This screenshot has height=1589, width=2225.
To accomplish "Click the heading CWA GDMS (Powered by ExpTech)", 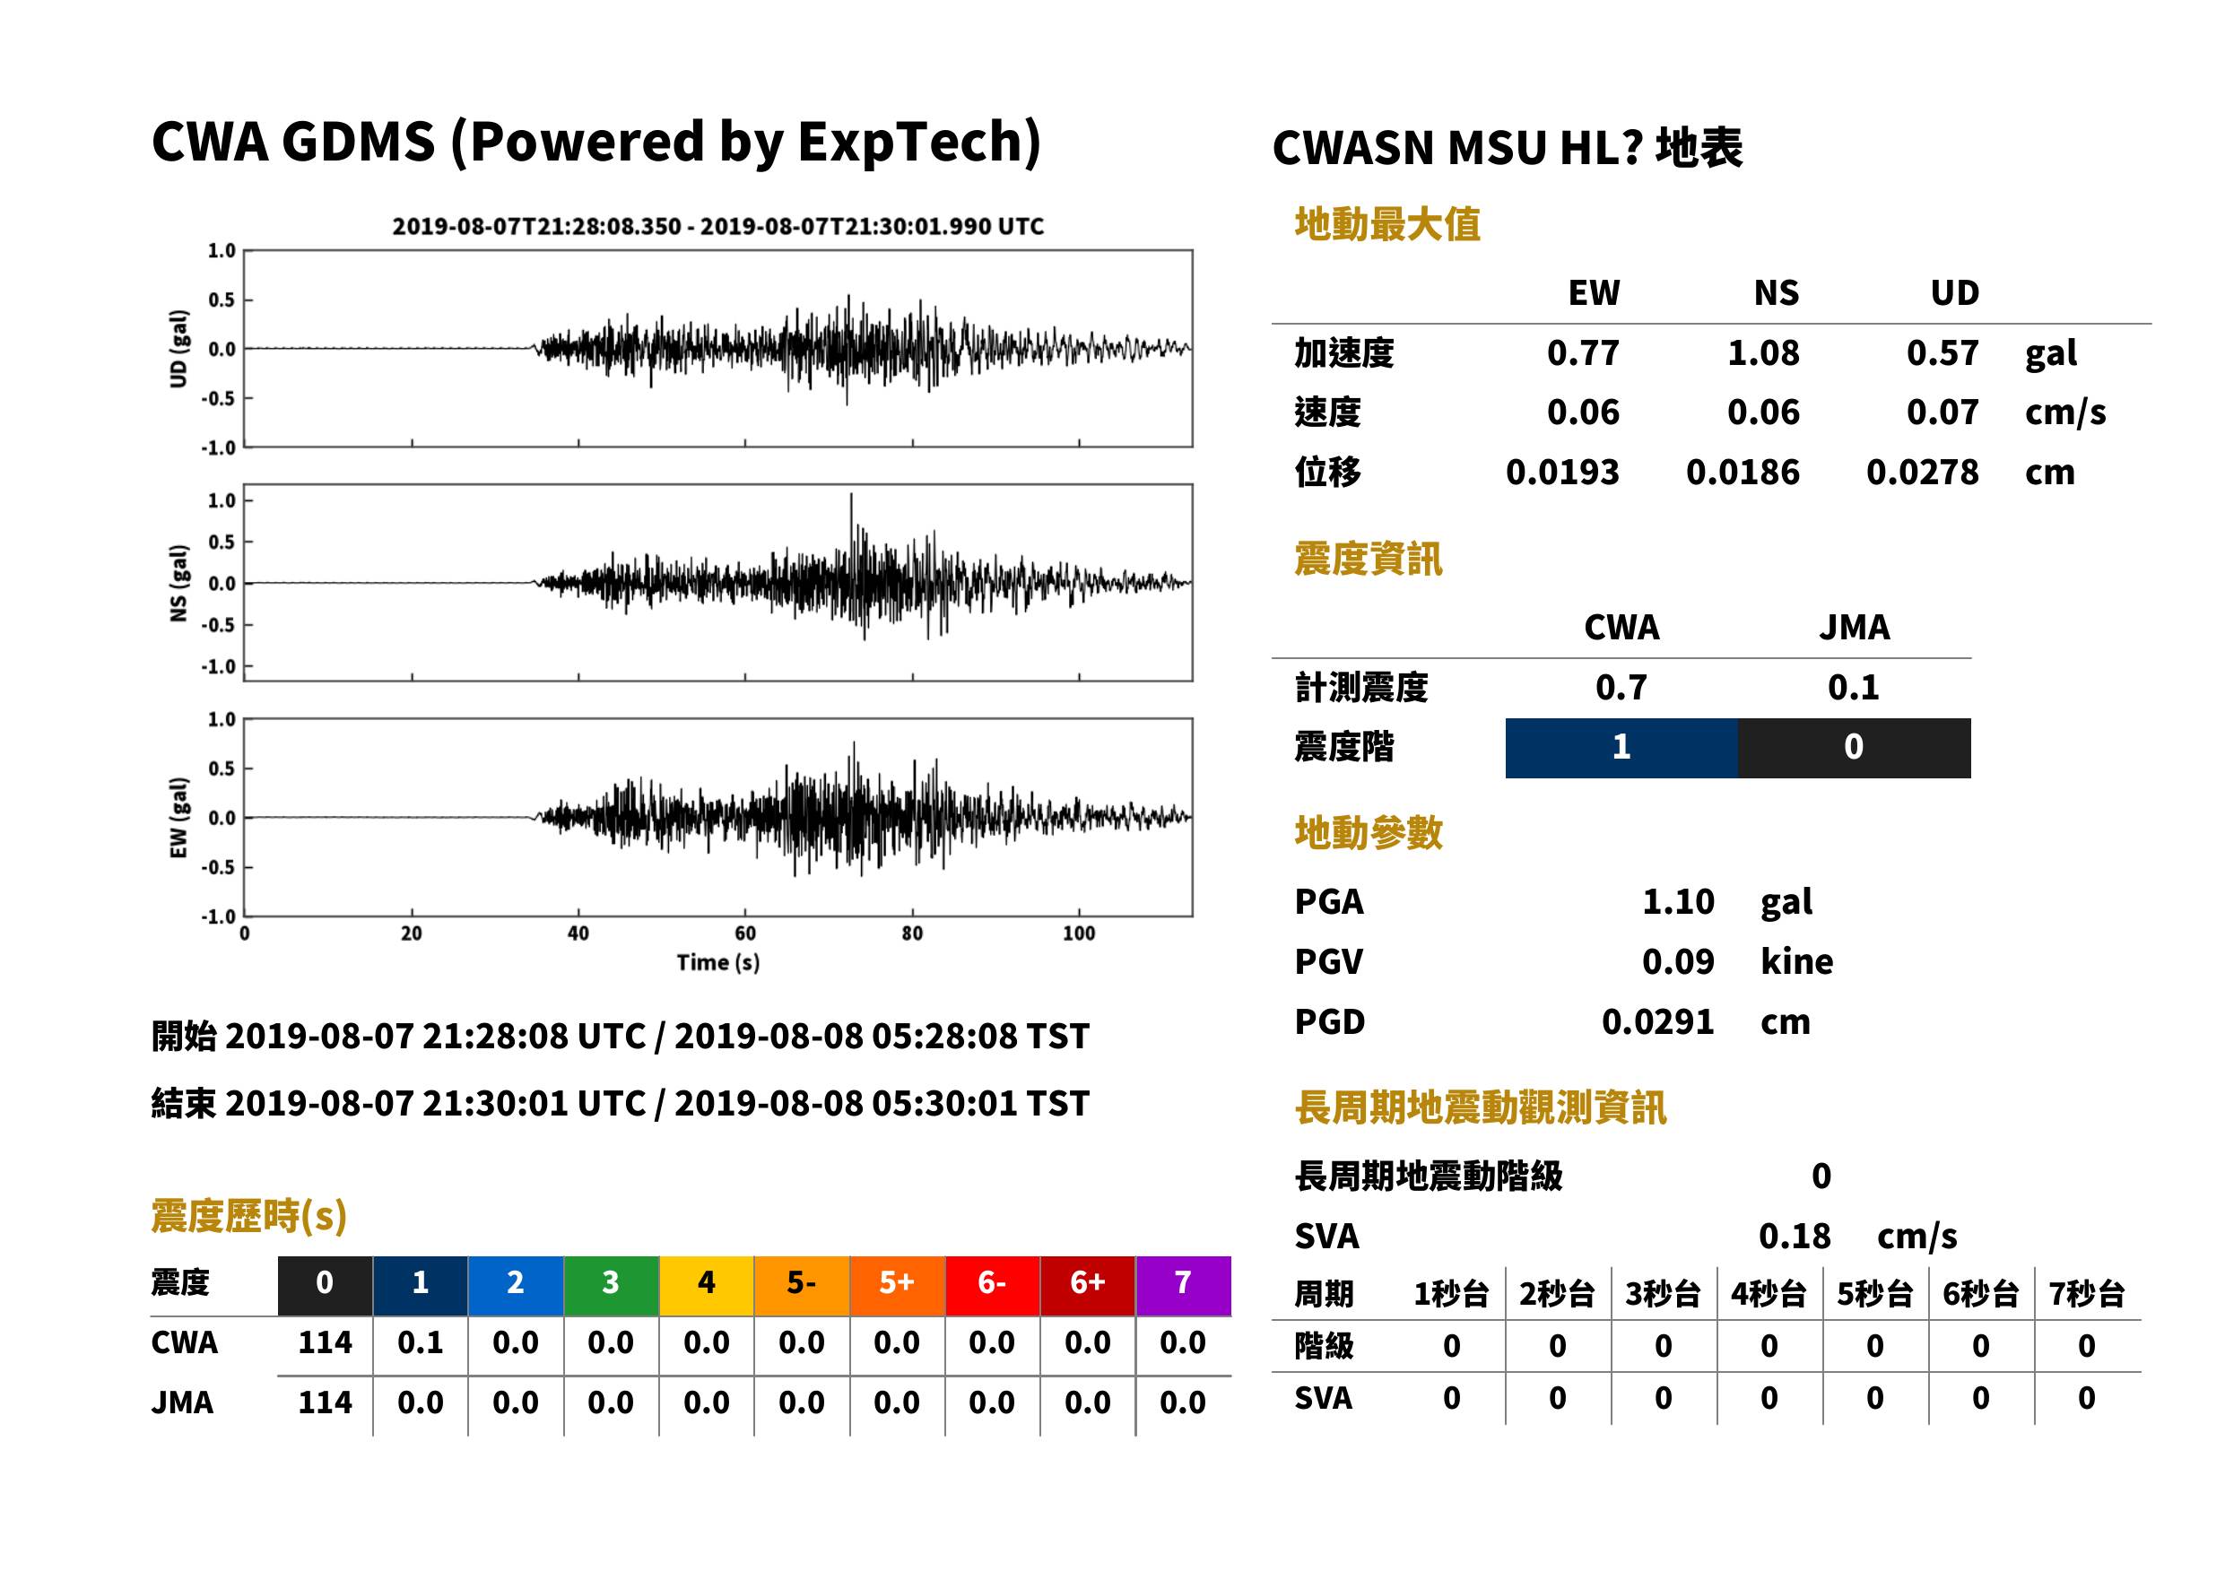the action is (x=595, y=143).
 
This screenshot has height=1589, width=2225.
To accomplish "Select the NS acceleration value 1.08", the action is (x=1762, y=352).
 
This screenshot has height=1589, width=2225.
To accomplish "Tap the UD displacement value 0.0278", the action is (x=1922, y=473).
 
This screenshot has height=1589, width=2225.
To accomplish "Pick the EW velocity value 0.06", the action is (x=1582, y=412).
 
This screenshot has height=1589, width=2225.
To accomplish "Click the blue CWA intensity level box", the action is (x=1621, y=748).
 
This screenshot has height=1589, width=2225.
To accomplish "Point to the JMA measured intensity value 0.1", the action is (x=1853, y=687).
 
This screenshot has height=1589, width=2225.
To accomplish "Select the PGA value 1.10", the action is (x=1678, y=901).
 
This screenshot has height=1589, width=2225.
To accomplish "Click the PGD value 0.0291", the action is (x=1657, y=1021).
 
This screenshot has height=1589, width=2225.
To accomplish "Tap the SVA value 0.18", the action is (x=1795, y=1236).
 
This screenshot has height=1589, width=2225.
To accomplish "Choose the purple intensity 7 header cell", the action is (x=1183, y=1285).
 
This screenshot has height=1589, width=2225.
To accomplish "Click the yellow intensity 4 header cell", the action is (x=707, y=1285).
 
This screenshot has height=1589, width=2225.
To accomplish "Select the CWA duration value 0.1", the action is (x=420, y=1342).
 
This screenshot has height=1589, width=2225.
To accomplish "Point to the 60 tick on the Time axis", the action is (x=744, y=933).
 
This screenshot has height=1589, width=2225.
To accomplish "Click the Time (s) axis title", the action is (x=718, y=963).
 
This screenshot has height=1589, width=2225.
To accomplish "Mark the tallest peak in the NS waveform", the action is (x=851, y=495).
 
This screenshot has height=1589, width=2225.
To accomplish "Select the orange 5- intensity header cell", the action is (x=802, y=1285).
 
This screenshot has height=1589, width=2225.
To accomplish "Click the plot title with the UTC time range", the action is (x=718, y=226).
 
